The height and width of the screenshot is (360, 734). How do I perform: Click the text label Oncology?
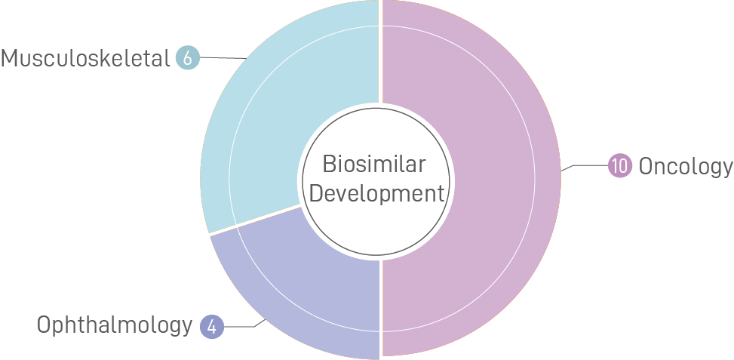coord(685,166)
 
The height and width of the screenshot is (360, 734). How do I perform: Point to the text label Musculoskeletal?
coord(85,58)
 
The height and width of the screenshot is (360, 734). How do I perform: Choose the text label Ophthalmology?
coord(115,325)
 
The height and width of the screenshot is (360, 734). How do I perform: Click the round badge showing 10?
coord(619,166)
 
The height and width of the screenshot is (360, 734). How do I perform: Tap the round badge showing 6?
coord(187,58)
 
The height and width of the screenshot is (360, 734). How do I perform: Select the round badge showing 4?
coord(212,327)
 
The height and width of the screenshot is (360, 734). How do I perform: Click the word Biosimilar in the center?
coord(374,164)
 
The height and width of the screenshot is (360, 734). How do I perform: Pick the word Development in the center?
coord(376,193)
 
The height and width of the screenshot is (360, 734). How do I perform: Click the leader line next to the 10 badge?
coord(585,166)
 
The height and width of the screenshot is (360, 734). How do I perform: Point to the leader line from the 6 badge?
coord(223,57)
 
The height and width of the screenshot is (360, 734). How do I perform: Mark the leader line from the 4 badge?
coord(241,326)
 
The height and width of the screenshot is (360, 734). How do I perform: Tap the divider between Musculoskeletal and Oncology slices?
coord(380,53)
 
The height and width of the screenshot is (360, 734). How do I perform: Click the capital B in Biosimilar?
coord(327,164)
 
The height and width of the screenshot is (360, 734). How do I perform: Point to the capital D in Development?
coord(315,193)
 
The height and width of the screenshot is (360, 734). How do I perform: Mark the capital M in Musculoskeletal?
coord(10,58)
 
